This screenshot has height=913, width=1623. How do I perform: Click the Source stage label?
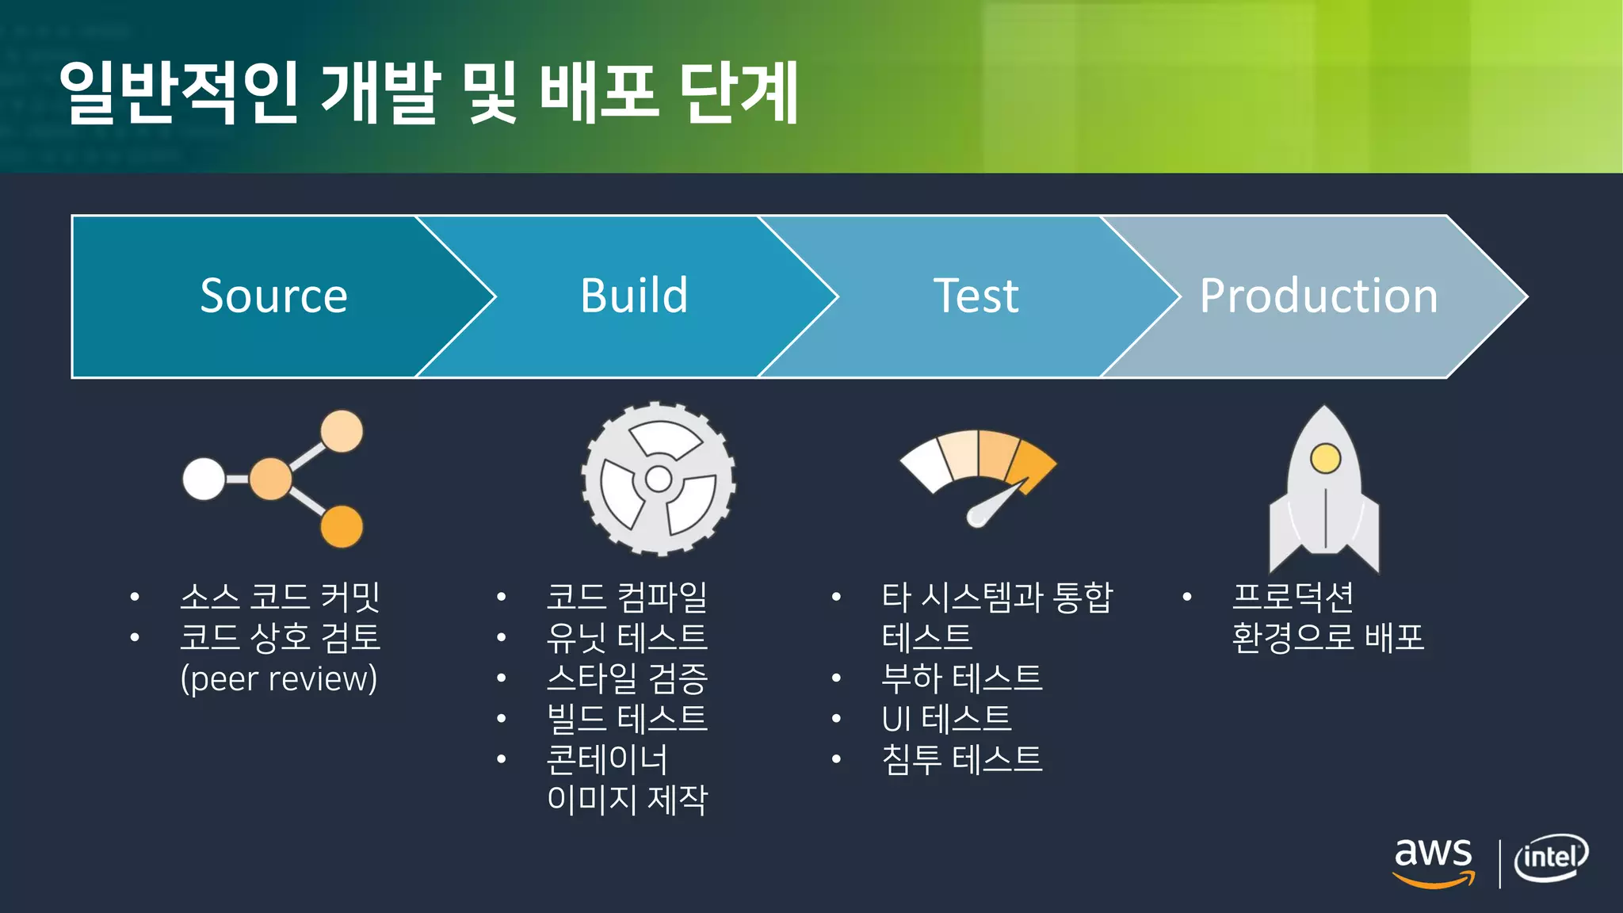pyautogui.click(x=273, y=296)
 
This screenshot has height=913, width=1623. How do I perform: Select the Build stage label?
pyautogui.click(x=634, y=296)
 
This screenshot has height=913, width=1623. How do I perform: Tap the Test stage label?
pyautogui.click(x=976, y=296)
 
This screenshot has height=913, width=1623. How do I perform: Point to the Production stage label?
pyautogui.click(x=1318, y=296)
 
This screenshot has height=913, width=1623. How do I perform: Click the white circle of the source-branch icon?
pyautogui.click(x=204, y=479)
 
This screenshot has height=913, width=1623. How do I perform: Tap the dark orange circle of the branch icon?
pyautogui.click(x=342, y=526)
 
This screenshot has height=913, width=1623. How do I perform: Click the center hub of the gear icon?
pyautogui.click(x=659, y=479)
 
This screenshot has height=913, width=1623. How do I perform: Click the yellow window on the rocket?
pyautogui.click(x=1325, y=458)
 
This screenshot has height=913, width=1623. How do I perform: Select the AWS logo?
pyautogui.click(x=1434, y=862)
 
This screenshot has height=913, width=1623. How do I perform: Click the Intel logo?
pyautogui.click(x=1551, y=858)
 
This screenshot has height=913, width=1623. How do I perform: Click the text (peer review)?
pyautogui.click(x=279, y=678)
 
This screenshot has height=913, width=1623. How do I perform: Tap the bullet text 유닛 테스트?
pyautogui.click(x=626, y=637)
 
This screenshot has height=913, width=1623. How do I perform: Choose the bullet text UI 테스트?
pyautogui.click(x=946, y=719)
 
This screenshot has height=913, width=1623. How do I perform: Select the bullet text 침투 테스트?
pyautogui.click(x=961, y=759)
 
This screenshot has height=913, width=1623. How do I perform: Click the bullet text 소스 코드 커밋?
pyautogui.click(x=280, y=597)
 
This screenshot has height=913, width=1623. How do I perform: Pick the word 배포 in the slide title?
pyautogui.click(x=599, y=93)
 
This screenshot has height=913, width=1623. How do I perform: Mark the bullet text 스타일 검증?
pyautogui.click(x=626, y=678)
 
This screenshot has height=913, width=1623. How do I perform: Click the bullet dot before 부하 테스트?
pyautogui.click(x=836, y=678)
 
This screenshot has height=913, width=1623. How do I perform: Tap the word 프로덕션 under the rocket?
pyautogui.click(x=1293, y=597)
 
